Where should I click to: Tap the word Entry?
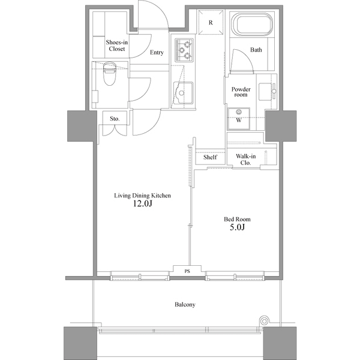[157, 53]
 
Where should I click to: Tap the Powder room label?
[241, 92]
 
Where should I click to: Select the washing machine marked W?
[239, 116]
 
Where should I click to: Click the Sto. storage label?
[115, 119]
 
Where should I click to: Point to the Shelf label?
[210, 157]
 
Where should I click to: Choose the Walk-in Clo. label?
[246, 159]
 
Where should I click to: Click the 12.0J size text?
[143, 204]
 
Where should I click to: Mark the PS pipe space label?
[187, 271]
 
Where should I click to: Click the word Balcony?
[185, 305]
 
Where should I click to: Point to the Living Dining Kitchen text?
[143, 196]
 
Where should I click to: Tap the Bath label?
[256, 50]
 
